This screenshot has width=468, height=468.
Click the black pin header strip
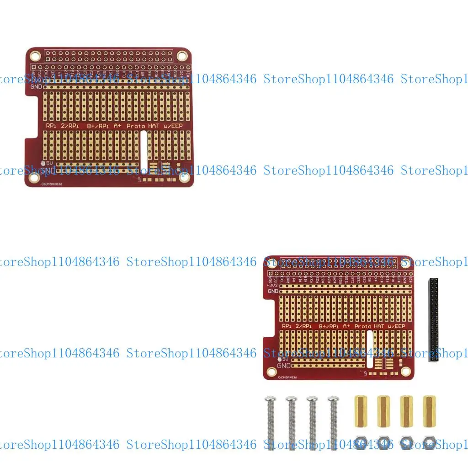coord(433,319)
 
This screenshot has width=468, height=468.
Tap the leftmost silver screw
coord(270,423)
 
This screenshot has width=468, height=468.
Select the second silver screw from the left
coord(292,423)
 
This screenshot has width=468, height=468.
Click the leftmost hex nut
coord(361,442)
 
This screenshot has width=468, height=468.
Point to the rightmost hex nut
coord(429,442)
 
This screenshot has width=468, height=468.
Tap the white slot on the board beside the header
coord(369,349)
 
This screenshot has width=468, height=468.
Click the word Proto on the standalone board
coord(136,126)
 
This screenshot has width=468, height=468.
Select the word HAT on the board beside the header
coord(378,326)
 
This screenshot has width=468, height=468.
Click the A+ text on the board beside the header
coord(346,326)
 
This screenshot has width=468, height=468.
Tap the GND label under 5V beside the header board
coord(284,366)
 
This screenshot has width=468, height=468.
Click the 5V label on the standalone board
coord(49,162)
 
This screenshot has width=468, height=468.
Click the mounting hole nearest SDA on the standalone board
coord(34,56)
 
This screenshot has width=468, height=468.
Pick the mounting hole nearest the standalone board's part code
coord(34,177)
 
